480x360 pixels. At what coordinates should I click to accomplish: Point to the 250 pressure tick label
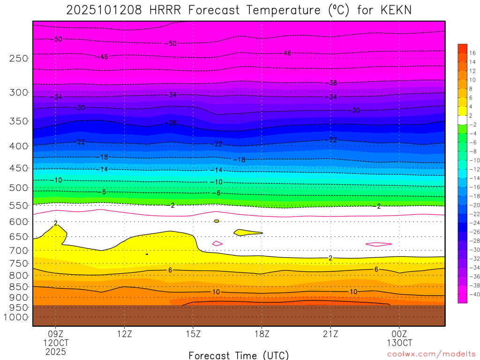click(18, 58)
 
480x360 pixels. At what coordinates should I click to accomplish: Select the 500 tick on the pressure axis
click(18, 187)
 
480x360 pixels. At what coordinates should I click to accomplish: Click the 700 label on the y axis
click(18, 251)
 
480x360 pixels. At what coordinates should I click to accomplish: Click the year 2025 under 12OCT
click(56, 351)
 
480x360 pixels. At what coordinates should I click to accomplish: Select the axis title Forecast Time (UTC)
click(239, 355)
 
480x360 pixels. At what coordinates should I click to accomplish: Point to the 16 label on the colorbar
click(472, 53)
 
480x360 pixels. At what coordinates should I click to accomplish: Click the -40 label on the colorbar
click(471, 294)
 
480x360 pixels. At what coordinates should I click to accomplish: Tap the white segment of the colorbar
click(462, 120)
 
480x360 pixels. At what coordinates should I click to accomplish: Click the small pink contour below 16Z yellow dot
click(217, 243)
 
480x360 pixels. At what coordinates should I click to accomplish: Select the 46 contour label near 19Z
click(287, 53)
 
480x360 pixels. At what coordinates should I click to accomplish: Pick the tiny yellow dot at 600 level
click(217, 221)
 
